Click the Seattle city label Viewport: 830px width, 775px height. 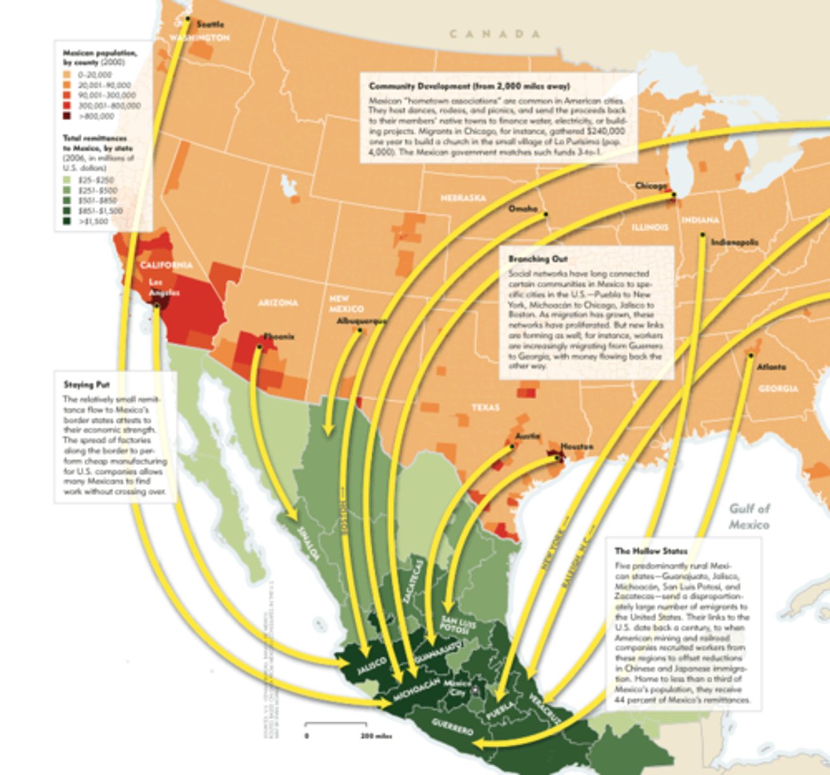coord(210,25)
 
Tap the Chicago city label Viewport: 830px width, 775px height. coord(650,186)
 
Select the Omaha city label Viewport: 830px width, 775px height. coord(523,209)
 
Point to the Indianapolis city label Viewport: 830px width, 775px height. coord(734,243)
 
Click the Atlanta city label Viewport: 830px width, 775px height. coord(772,367)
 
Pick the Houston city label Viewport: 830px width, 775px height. coord(577,447)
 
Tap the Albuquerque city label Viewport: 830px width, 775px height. coord(362,321)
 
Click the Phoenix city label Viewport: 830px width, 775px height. coord(279,336)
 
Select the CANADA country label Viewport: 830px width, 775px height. coord(495,34)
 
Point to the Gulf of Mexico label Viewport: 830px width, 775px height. coord(749,517)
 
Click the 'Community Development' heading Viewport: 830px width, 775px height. coord(469,86)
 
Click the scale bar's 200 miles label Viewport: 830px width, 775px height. coord(376,736)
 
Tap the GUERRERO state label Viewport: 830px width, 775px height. coord(452,727)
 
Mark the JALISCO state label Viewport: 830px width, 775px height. coord(372,666)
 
